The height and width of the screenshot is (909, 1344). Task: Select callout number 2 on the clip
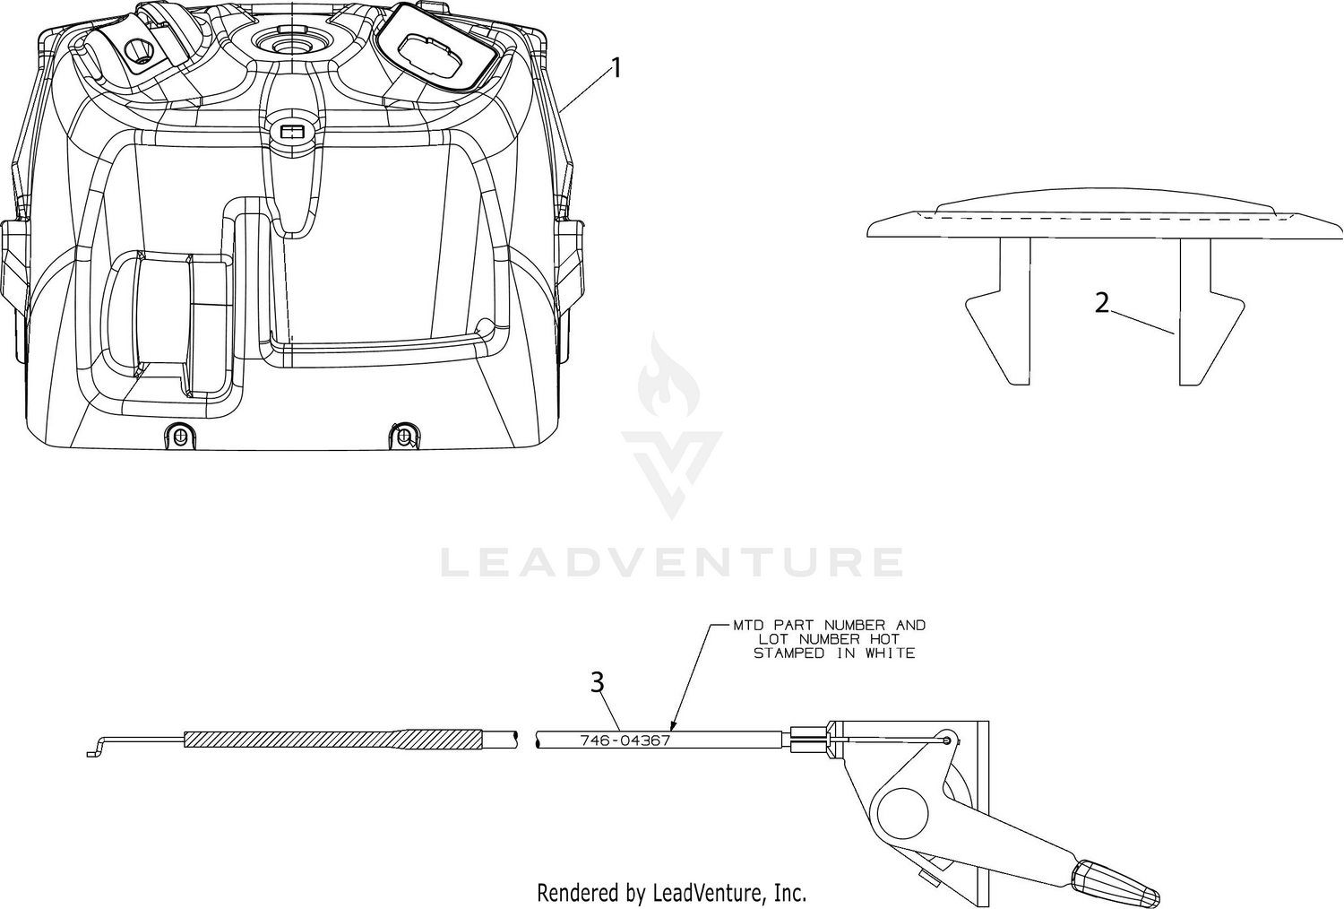point(1101,303)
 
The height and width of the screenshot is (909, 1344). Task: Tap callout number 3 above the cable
point(597,683)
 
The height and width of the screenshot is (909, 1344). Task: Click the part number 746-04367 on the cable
point(625,740)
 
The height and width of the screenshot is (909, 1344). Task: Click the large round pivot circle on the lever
point(902,814)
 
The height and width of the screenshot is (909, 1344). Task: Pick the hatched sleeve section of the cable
point(333,739)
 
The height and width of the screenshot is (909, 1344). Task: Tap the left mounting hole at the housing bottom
point(178,436)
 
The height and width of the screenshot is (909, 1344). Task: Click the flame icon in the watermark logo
point(668,376)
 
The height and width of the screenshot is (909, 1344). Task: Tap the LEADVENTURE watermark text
point(672,562)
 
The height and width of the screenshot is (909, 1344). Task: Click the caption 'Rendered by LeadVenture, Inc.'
point(671,893)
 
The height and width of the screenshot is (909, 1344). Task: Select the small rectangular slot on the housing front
point(291,131)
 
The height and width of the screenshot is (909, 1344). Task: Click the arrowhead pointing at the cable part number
point(673,724)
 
